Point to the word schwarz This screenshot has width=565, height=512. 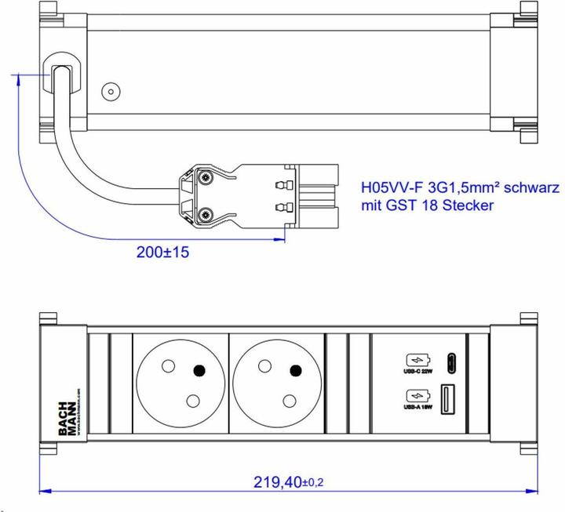[531, 188]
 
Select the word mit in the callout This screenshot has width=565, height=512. [371, 205]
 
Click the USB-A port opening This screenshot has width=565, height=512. [450, 397]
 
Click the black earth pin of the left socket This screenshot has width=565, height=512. [200, 371]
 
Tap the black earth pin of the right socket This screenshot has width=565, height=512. [296, 371]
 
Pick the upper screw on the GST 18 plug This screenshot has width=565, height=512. [206, 180]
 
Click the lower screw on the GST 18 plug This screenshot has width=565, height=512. [206, 213]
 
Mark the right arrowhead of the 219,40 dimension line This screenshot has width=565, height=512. [534, 492]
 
